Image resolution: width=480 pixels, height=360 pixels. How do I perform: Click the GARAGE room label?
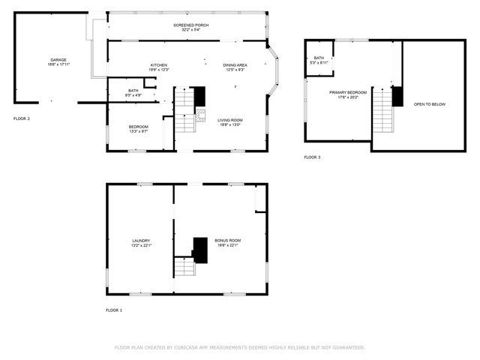pos(58,59)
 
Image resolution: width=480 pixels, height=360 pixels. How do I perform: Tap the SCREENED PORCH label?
pos(191,25)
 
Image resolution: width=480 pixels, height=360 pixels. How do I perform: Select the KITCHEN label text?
pos(158,65)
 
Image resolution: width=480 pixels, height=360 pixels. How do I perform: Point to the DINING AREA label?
pos(235,65)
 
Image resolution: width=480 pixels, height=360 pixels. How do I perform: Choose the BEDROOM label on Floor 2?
pos(138,126)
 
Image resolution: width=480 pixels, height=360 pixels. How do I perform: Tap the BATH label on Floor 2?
pos(133,91)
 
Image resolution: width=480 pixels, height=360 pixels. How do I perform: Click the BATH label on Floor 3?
pos(319,58)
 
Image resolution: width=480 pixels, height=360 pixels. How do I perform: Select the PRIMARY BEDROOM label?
pos(348,92)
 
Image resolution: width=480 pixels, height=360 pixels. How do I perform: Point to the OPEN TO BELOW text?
pos(430,104)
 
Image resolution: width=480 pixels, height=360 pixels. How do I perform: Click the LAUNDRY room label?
pos(142,241)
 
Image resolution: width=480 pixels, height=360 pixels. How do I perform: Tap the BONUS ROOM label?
pos(227,241)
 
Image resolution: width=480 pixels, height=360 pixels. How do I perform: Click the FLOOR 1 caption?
pos(114,310)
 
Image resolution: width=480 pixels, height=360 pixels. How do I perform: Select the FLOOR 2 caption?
pos(22,118)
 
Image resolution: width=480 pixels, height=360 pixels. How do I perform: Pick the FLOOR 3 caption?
pos(312,157)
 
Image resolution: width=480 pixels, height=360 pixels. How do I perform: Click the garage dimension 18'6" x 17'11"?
pos(58,64)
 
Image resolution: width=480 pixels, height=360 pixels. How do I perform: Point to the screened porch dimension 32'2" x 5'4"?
pos(191,31)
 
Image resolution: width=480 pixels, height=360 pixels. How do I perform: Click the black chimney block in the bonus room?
pos(200,250)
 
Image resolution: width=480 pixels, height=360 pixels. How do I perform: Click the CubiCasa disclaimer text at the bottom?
pos(239,347)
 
